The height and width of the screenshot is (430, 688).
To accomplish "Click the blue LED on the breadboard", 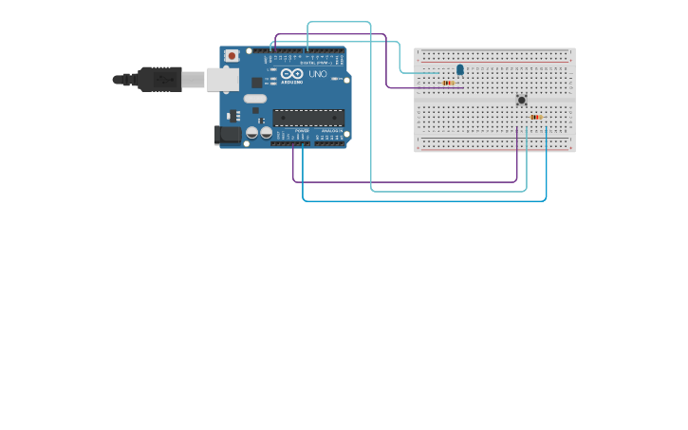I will click(x=460, y=69).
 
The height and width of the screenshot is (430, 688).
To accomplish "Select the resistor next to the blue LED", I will click(x=448, y=83).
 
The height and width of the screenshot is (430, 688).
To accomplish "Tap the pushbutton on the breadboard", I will click(x=521, y=100).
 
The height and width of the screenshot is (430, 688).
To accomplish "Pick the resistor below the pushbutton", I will click(x=536, y=117).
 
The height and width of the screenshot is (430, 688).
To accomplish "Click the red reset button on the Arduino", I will click(x=232, y=56).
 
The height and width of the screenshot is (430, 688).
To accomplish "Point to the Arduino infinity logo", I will click(x=291, y=73).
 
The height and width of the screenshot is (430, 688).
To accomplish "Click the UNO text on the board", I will click(x=318, y=73).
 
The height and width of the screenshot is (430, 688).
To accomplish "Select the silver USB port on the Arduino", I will click(x=223, y=80).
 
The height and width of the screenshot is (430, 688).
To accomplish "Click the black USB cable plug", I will click(x=159, y=79).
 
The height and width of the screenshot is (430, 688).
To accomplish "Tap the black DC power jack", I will click(x=228, y=134).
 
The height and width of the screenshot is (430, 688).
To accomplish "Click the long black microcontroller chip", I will click(x=308, y=118).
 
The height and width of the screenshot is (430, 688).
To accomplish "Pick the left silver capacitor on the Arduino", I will click(x=252, y=133).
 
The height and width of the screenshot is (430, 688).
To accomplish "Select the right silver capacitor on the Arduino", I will click(x=266, y=133).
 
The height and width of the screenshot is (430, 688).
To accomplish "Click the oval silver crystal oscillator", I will click(x=255, y=99).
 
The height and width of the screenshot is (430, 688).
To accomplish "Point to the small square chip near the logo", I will click(x=257, y=83).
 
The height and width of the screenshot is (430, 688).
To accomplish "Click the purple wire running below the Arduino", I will click(x=408, y=181).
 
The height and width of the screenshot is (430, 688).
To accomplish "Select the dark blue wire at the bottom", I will click(x=427, y=200).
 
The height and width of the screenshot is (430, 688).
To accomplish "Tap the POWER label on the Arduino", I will click(x=302, y=131).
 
